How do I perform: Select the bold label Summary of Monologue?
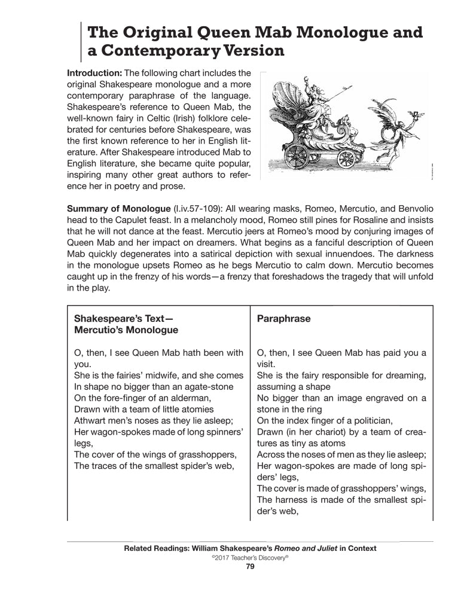(118, 210)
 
